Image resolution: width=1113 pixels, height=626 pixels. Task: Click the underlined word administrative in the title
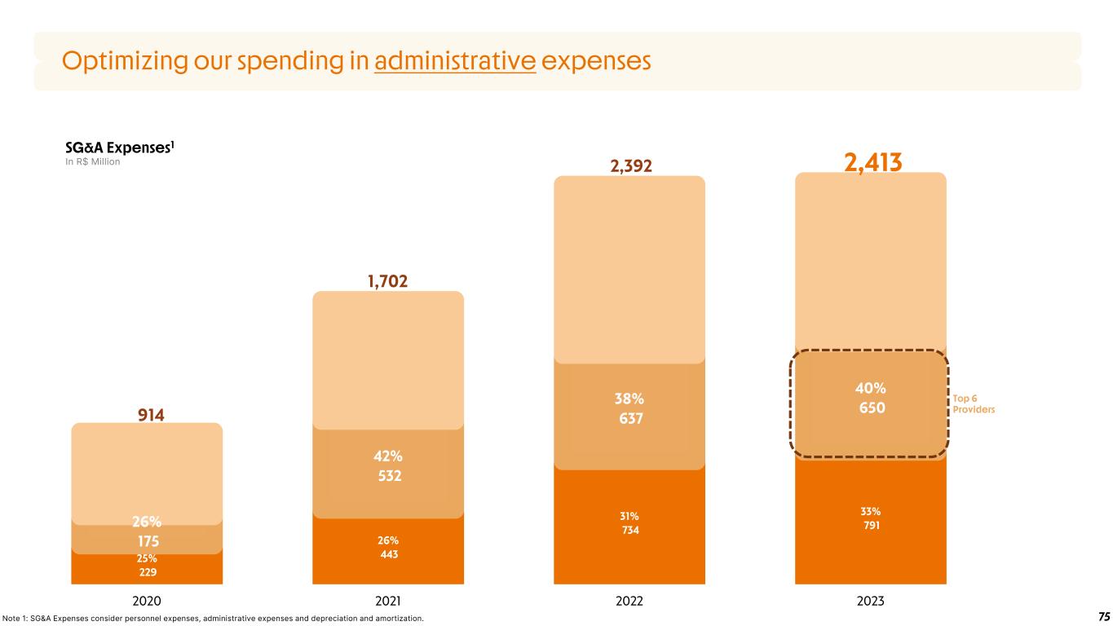[454, 61]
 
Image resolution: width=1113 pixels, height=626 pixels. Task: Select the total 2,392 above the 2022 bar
[629, 166]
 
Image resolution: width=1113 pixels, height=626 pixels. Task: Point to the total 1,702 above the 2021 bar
[388, 282]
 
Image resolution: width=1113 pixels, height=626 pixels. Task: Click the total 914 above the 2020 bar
[147, 415]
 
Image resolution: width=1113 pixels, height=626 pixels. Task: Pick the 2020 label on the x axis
[147, 602]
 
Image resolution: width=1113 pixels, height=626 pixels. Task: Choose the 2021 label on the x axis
[388, 602]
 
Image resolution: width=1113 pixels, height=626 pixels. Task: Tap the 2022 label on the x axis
[629, 602]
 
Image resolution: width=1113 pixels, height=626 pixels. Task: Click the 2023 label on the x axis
[871, 602]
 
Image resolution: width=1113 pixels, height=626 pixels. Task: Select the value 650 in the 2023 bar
[871, 407]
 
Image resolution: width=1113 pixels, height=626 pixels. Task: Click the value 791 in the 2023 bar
[871, 526]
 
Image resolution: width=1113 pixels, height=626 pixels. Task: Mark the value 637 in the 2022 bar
[629, 419]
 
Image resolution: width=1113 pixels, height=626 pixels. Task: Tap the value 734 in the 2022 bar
[629, 531]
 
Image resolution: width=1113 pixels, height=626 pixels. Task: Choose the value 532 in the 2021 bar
[388, 475]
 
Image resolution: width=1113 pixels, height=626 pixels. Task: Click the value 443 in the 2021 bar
[388, 554]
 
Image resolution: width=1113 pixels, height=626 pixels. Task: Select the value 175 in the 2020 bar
[148, 540]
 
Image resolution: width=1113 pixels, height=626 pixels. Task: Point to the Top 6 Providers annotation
[974, 404]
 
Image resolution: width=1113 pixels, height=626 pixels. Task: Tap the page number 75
[1104, 616]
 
